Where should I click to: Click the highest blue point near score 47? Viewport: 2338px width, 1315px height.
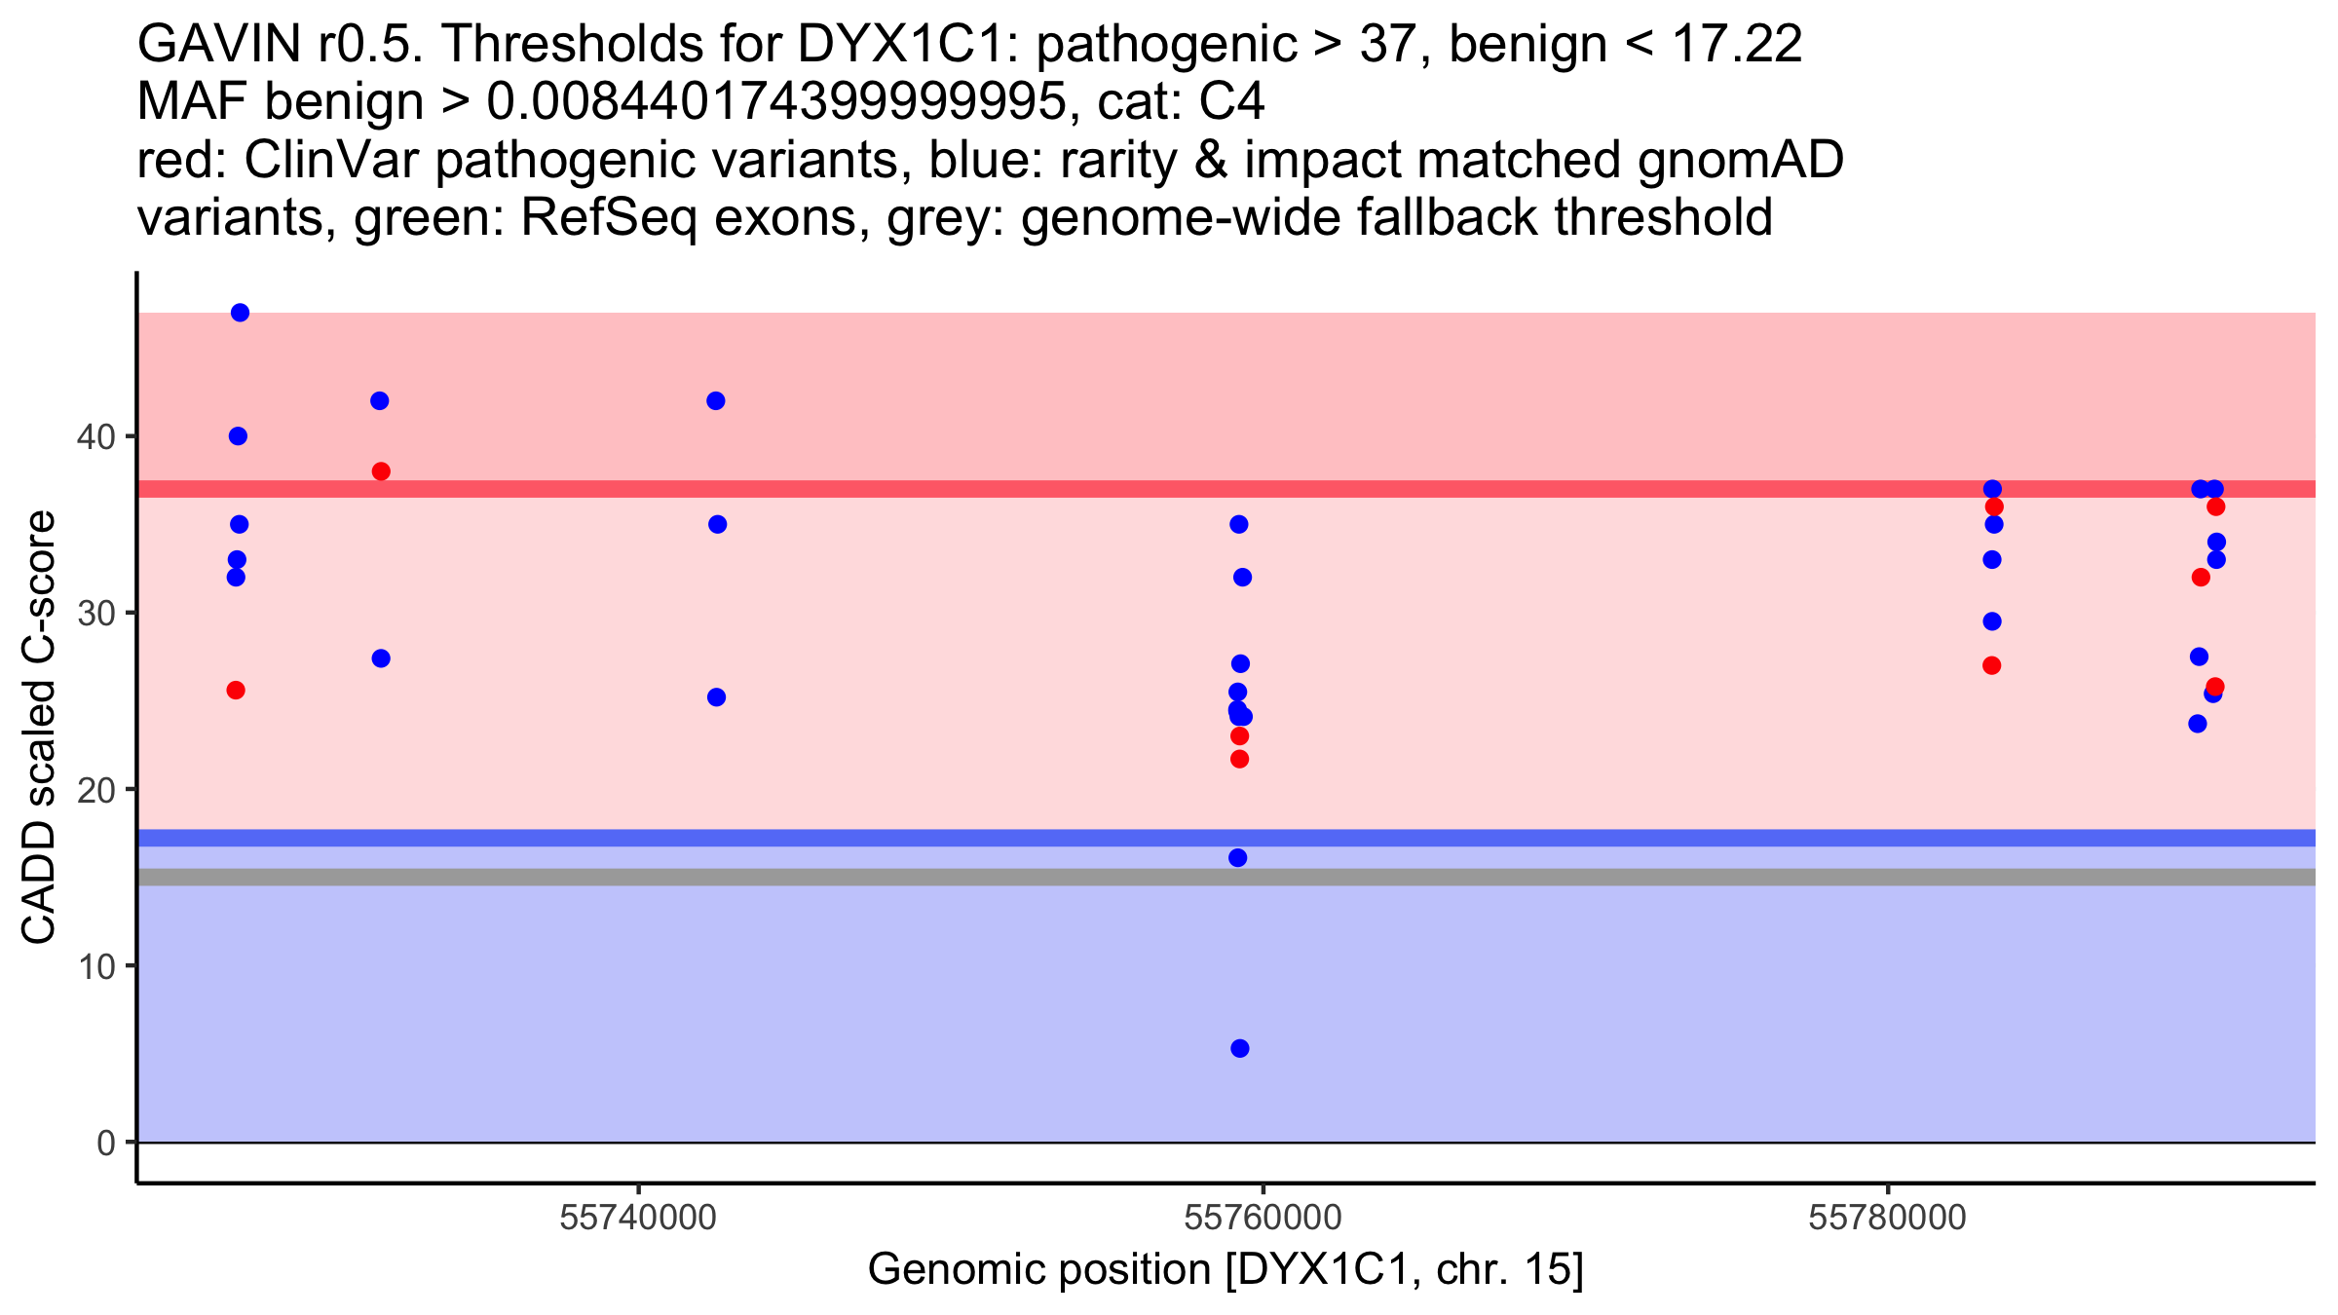pyautogui.click(x=240, y=313)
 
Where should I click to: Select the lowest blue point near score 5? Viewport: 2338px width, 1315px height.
pyautogui.click(x=1240, y=1048)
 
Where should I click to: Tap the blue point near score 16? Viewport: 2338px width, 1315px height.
pyautogui.click(x=1238, y=858)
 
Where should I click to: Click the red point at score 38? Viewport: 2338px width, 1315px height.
pyautogui.click(x=381, y=471)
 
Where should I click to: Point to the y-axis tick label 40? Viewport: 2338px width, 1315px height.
pyautogui.click(x=95, y=436)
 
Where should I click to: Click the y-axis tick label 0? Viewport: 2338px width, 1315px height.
pyautogui.click(x=106, y=1143)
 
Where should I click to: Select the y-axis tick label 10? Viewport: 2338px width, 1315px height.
pyautogui.click(x=95, y=966)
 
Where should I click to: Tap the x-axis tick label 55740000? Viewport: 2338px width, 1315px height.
pyautogui.click(x=639, y=1218)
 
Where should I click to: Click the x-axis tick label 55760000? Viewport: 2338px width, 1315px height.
pyautogui.click(x=1263, y=1218)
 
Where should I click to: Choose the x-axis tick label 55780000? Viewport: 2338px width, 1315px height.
pyautogui.click(x=1888, y=1218)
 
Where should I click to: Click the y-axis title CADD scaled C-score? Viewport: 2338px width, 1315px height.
pyautogui.click(x=39, y=728)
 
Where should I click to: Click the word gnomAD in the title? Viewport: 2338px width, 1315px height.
pyautogui.click(x=1740, y=160)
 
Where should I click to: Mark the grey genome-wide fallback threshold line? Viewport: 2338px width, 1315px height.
pyautogui.click(x=1226, y=877)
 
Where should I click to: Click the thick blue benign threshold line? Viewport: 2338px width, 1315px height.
pyautogui.click(x=1226, y=838)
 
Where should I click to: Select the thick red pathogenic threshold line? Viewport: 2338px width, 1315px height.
pyautogui.click(x=1226, y=489)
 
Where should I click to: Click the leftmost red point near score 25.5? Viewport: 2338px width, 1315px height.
pyautogui.click(x=236, y=691)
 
